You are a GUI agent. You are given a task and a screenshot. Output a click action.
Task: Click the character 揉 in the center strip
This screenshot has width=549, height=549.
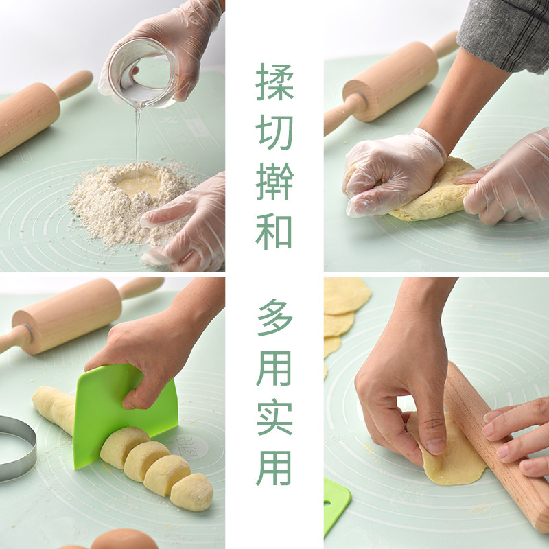(275, 82)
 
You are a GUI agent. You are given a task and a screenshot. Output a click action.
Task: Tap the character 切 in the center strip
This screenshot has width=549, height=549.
(275, 132)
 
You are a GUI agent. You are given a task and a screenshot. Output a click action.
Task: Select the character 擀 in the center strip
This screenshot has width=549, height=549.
(275, 182)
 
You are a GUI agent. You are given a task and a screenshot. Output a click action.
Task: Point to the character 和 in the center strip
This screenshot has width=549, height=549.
(274, 232)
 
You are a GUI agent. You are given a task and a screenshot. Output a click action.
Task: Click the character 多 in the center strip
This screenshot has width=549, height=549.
(275, 317)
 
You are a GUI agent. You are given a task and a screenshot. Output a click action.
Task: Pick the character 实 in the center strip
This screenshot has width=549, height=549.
(275, 417)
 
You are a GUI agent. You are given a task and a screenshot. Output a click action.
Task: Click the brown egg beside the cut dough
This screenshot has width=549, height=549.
(124, 539)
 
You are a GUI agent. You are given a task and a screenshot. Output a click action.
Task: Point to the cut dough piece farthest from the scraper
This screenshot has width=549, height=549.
(191, 491)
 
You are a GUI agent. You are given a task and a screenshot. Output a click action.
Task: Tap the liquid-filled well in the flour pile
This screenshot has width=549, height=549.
(139, 185)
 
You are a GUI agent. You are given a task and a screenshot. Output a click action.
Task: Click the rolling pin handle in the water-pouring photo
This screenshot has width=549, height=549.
(73, 84)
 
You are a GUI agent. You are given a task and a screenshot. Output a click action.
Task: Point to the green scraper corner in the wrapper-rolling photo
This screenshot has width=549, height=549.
(336, 504)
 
